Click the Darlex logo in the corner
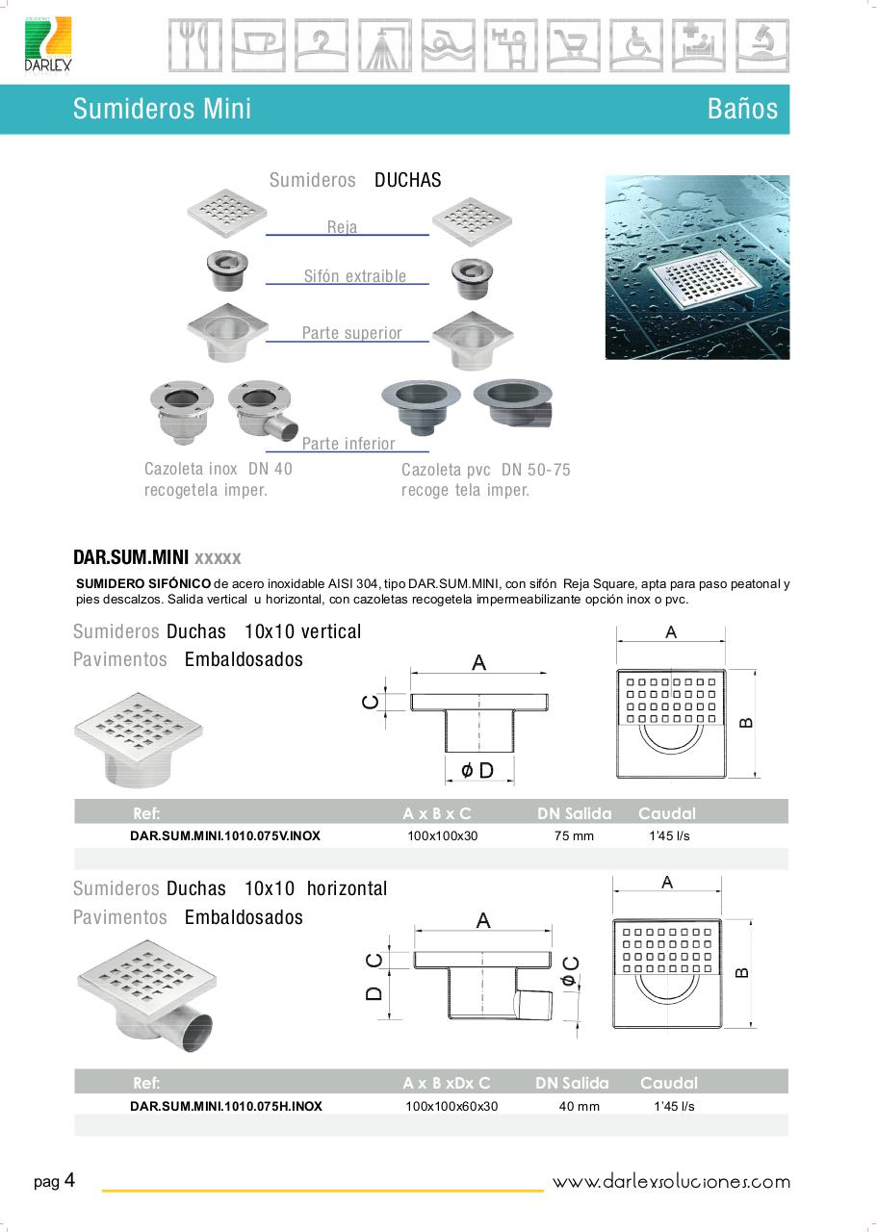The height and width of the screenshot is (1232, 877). (47, 44)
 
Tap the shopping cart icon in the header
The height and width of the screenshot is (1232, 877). (574, 45)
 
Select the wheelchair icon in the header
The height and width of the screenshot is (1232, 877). (635, 45)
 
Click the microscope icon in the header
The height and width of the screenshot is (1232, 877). (761, 45)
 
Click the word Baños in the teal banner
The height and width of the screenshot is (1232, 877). (742, 109)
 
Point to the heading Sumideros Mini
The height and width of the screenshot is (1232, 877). (162, 109)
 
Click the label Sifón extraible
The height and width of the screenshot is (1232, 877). (354, 276)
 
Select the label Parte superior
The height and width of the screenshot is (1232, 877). (351, 333)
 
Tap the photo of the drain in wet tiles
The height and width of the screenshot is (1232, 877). (697, 268)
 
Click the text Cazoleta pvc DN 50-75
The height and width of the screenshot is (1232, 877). (485, 470)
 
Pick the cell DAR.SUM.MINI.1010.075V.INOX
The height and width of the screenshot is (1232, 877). (225, 836)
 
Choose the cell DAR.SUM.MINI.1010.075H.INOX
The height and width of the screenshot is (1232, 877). (226, 1107)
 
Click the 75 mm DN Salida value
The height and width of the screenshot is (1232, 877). (574, 836)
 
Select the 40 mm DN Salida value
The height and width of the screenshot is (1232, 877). (579, 1107)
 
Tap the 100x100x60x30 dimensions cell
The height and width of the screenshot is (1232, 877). (451, 1107)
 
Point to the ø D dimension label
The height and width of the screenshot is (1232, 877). (477, 770)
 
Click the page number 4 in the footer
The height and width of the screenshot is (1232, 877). (69, 1181)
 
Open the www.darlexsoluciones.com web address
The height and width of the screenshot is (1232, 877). (671, 1182)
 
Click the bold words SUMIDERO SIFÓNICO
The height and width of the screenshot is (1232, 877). (143, 584)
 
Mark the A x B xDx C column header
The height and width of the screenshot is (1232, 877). (446, 1083)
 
